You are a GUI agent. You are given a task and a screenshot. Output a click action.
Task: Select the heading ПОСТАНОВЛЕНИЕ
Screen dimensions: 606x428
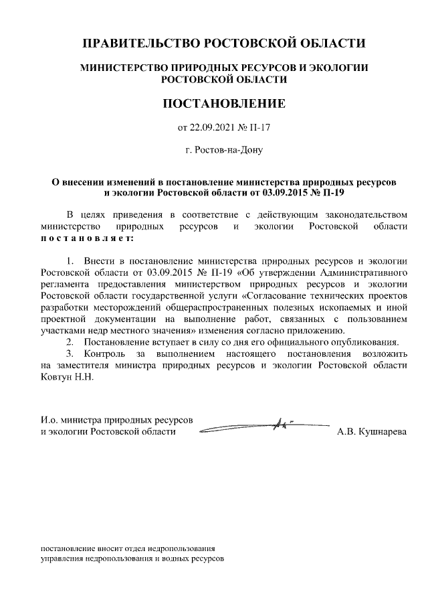pyautogui.click(x=224, y=104)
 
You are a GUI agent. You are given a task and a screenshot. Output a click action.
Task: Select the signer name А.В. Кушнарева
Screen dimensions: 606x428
pyautogui.click(x=371, y=433)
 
